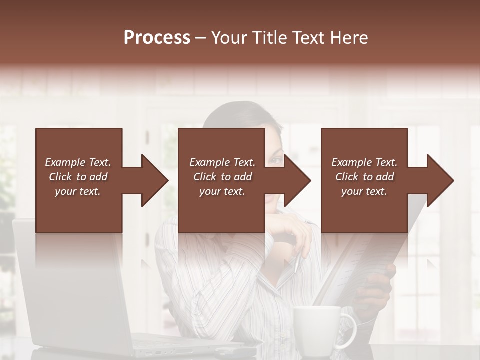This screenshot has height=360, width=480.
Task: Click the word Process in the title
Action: (x=157, y=38)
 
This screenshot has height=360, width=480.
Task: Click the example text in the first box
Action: (x=78, y=177)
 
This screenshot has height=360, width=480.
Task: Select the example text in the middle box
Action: (x=222, y=177)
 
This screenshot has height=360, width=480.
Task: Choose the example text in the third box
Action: (x=364, y=177)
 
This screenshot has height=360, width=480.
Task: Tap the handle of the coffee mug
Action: (x=350, y=330)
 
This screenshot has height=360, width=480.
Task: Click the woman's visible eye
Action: (x=275, y=160)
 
